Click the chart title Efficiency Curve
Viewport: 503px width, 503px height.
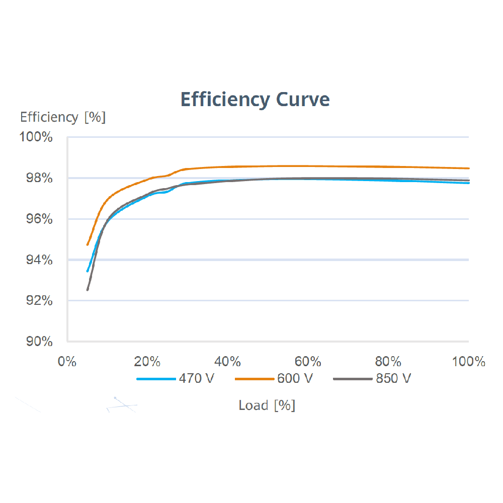click(255, 100)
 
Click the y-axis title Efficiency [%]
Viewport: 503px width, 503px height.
click(63, 117)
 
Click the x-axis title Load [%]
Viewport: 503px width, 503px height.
click(267, 405)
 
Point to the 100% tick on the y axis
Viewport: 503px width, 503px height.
click(36, 137)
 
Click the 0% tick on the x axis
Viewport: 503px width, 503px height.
click(67, 362)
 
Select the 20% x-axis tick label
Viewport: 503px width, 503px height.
click(147, 362)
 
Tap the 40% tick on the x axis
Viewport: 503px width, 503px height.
click(228, 362)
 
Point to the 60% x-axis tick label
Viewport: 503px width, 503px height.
click(308, 362)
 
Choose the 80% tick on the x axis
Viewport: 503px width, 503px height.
click(388, 362)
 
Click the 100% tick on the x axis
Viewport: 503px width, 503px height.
click(468, 362)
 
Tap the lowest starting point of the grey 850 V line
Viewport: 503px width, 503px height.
click(88, 290)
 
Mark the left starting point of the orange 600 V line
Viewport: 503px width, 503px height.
click(88, 245)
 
